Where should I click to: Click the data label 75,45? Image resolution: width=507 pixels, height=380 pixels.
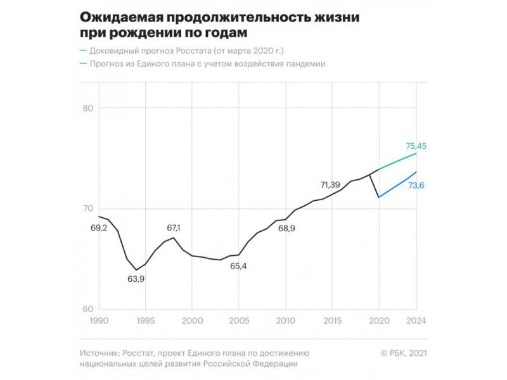click(416, 146)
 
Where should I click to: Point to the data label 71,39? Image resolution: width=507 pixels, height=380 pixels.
click(335, 185)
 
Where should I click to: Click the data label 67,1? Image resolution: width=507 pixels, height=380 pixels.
click(173, 227)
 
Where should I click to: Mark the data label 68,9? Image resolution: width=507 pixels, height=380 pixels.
click(286, 228)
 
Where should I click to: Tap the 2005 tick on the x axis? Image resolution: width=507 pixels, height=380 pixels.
click(239, 320)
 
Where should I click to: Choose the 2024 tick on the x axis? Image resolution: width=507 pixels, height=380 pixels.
click(416, 320)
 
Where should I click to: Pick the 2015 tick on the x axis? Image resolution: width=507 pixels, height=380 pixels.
click(332, 320)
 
